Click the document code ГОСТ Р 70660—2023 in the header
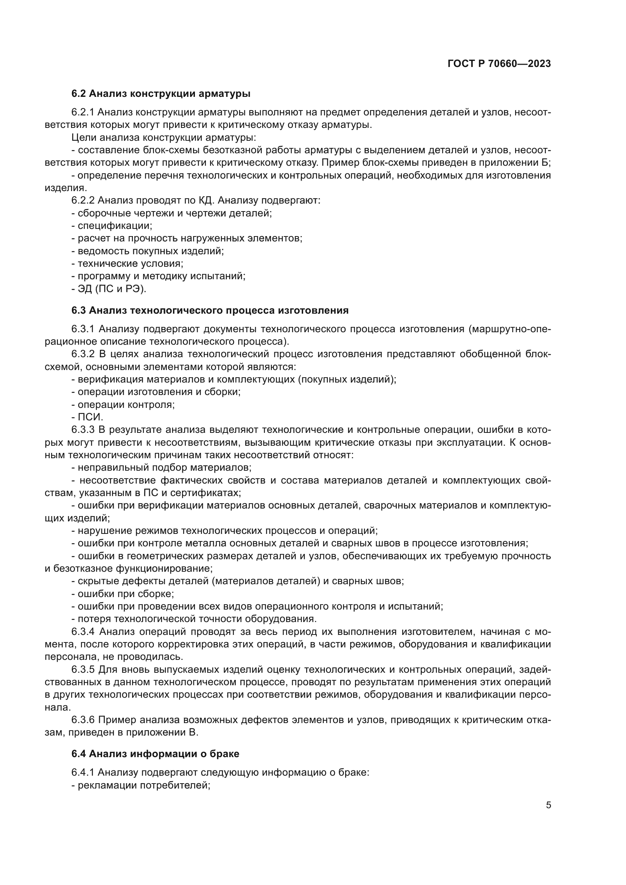[499, 64]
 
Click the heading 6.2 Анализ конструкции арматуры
[161, 94]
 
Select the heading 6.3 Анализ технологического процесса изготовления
[210, 311]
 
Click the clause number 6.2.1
[83, 112]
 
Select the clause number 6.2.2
[83, 201]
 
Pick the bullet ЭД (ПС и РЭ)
[109, 289]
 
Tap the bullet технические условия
[127, 264]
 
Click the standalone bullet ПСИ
[87, 417]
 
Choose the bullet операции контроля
[123, 404]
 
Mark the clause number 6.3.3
[83, 430]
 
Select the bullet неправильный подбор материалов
[162, 468]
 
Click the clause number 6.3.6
[83, 720]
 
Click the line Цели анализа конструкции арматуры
[164, 138]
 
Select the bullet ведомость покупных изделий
[148, 251]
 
